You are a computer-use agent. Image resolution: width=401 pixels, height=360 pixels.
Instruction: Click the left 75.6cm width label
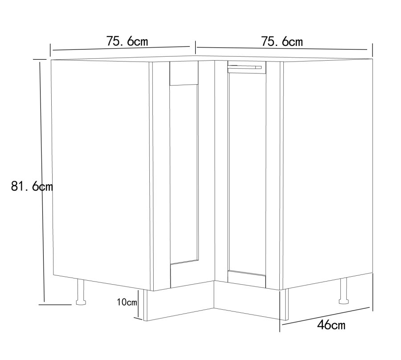click(127, 41)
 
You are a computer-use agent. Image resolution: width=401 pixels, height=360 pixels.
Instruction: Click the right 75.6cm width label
click(282, 42)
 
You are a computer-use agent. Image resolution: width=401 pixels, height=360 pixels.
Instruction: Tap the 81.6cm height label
click(32, 187)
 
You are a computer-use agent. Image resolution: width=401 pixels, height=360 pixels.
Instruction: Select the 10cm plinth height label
click(127, 303)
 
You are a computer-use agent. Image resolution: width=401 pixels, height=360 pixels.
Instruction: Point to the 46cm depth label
click(331, 325)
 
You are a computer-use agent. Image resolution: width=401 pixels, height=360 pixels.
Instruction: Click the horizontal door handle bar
click(245, 67)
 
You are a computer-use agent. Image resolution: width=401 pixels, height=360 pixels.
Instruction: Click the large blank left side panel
click(100, 172)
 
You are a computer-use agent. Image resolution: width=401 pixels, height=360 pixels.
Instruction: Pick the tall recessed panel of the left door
click(184, 174)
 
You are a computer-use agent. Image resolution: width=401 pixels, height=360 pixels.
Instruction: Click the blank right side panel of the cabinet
click(327, 172)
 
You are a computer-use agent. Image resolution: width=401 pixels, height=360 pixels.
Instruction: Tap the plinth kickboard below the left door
click(178, 303)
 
